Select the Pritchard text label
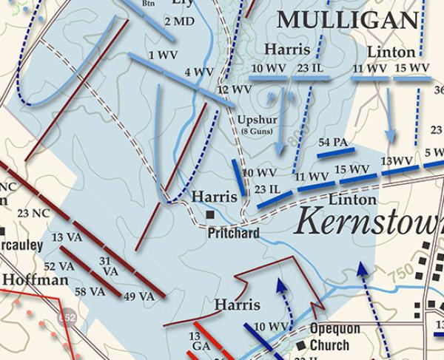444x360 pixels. coord(233,234)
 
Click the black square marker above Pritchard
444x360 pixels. coord(211,214)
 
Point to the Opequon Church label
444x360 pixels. coord(334,337)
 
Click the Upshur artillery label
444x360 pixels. coord(257,120)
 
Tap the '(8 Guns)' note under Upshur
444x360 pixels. coord(257,132)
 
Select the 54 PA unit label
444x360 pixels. coord(333,141)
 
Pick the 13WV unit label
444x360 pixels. coord(396,161)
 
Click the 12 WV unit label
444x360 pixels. coord(234,89)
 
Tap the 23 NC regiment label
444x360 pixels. coord(33,214)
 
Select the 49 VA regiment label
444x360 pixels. coord(139,296)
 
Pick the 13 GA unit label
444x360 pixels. coord(199,342)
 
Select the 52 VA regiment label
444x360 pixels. coord(59,266)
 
